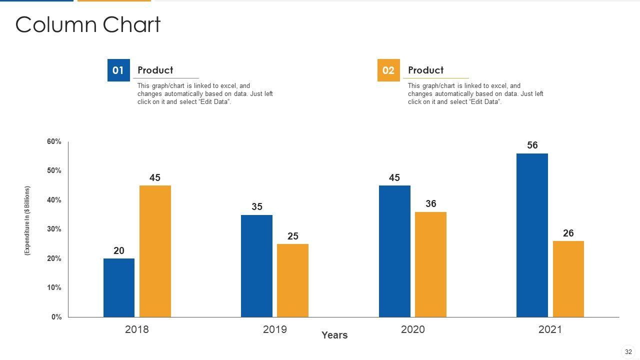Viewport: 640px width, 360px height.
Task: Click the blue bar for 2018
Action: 119,287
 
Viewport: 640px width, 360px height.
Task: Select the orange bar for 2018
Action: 155,251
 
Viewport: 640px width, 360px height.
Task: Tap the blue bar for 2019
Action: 256,266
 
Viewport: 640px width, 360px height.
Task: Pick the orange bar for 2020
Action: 430,264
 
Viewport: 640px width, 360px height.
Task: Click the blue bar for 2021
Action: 532,235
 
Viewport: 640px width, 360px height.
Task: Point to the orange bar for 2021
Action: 568,279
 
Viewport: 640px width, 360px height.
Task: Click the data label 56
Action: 532,145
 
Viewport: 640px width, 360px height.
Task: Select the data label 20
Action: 119,251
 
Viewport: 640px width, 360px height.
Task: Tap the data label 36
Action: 431,204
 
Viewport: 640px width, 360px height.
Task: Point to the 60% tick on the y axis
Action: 54,142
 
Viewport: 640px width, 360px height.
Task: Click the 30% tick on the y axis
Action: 54,229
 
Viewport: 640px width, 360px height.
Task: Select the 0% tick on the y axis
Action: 56,317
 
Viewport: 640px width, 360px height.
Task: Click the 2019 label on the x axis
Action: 275,329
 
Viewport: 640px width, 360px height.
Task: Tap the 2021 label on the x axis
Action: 550,329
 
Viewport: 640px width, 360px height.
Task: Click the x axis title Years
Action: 334,335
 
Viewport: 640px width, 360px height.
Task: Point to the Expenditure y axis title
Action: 27,221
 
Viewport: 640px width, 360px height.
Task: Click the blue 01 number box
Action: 118,70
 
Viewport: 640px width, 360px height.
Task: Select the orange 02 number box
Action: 388,70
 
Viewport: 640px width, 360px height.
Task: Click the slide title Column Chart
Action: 88,25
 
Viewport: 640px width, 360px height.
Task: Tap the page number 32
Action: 628,352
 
